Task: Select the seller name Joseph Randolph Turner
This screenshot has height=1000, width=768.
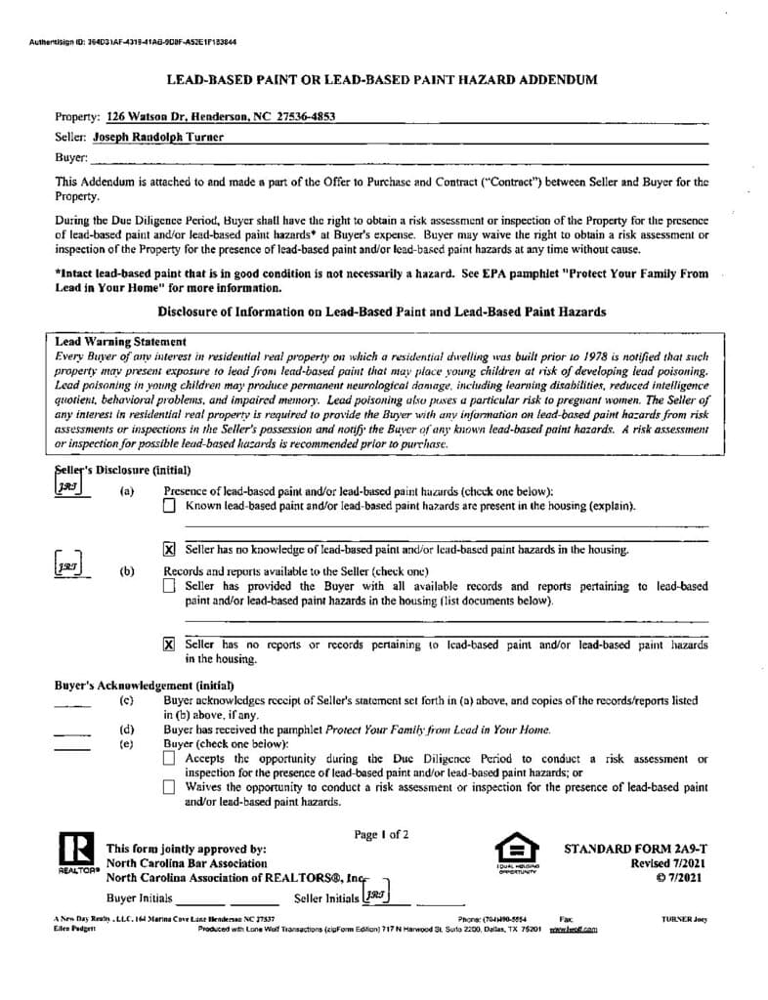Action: (158, 137)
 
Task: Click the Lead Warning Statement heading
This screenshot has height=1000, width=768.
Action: (121, 342)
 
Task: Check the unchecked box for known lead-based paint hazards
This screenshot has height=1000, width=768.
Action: (169, 506)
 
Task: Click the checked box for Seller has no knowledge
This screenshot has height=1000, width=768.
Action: (169, 550)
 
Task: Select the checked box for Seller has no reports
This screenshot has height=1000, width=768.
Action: (169, 645)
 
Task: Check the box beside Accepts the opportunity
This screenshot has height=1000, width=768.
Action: (169, 758)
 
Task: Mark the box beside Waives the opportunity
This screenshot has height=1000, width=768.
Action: (169, 786)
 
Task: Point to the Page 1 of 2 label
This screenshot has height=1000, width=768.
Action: (381, 834)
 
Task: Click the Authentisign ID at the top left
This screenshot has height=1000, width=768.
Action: (133, 43)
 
